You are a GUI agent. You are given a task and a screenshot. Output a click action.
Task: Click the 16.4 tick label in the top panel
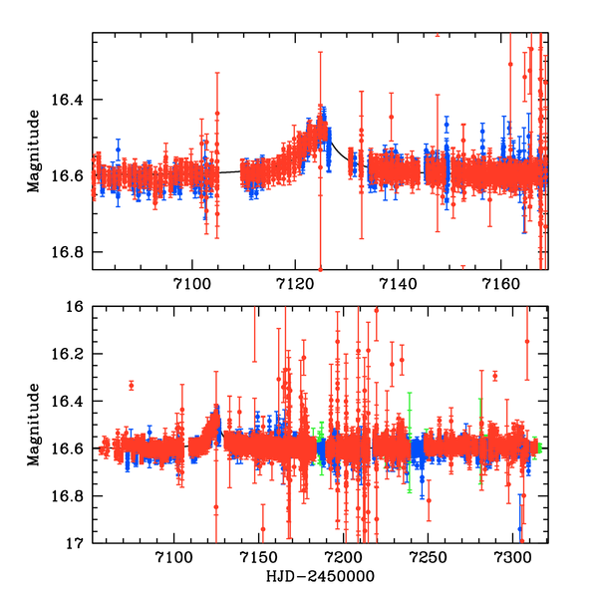[71, 100]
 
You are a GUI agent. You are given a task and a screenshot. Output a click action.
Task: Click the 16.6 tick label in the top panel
[71, 175]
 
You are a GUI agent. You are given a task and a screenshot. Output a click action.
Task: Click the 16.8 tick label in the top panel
[71, 251]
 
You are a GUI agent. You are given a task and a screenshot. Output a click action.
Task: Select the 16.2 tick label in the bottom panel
[71, 354]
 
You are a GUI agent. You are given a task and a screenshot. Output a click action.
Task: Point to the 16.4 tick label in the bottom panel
[71, 402]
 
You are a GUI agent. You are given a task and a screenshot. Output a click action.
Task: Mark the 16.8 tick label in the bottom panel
[71, 496]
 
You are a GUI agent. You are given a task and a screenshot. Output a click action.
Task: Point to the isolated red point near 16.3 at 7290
[495, 376]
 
